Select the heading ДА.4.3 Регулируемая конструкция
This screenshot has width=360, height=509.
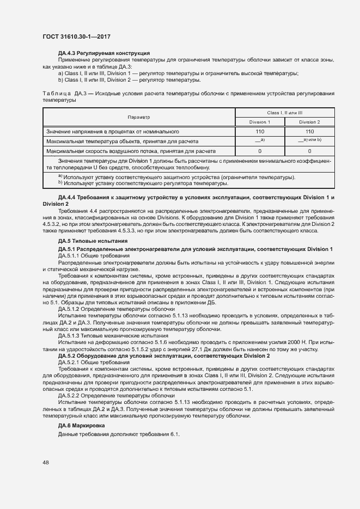tap(103, 53)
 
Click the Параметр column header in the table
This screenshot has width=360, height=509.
tap(138, 117)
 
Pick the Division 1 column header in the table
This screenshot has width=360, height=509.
tap(260, 122)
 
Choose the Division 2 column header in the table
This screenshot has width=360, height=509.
tap(309, 122)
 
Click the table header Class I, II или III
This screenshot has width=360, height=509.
tap(284, 112)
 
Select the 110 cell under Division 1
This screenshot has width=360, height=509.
tap(260, 131)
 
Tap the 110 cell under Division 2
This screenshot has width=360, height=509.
tap(309, 131)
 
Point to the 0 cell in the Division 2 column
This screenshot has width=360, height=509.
tap(309, 151)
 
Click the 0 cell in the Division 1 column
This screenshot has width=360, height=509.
tap(260, 151)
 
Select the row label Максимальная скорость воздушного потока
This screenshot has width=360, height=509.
tap(131, 151)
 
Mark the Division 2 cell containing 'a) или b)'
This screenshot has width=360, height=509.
tap(309, 140)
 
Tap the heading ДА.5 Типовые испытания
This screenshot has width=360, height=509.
tap(93, 241)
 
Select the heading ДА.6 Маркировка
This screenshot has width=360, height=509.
tap(87, 424)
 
